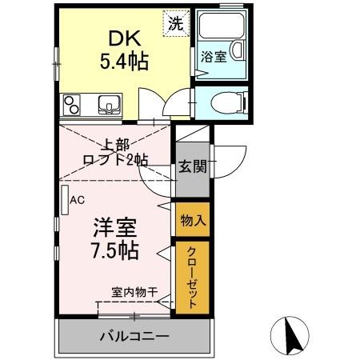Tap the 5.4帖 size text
[123, 61]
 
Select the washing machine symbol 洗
[174, 23]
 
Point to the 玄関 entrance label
[192, 167]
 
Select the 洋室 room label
[113, 226]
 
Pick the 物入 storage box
[192, 219]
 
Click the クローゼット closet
[192, 276]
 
